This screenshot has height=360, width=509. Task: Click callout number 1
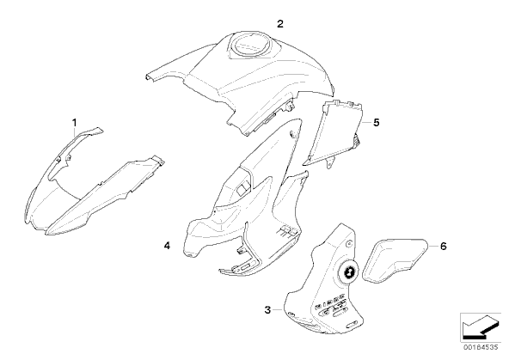point(74,123)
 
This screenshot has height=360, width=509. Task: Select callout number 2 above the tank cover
point(279,24)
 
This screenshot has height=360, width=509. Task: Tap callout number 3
point(267,310)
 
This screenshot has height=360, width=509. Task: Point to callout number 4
point(167,246)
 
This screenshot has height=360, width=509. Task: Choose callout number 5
point(377,123)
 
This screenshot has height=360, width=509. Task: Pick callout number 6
point(444,247)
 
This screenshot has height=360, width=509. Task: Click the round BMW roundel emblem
point(348,272)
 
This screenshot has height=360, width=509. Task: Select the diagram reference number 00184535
point(481,347)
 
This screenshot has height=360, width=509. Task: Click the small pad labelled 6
point(394,260)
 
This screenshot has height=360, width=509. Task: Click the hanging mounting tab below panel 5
point(330,162)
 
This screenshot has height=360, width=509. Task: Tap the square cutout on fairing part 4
point(242,188)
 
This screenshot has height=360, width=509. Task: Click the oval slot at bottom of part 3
point(352,325)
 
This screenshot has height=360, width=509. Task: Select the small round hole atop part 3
point(349,243)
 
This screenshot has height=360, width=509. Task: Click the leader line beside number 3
point(277,310)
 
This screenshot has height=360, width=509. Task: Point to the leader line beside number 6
point(432,247)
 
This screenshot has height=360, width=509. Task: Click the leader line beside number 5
point(366,123)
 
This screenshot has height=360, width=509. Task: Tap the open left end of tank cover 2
point(150,76)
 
